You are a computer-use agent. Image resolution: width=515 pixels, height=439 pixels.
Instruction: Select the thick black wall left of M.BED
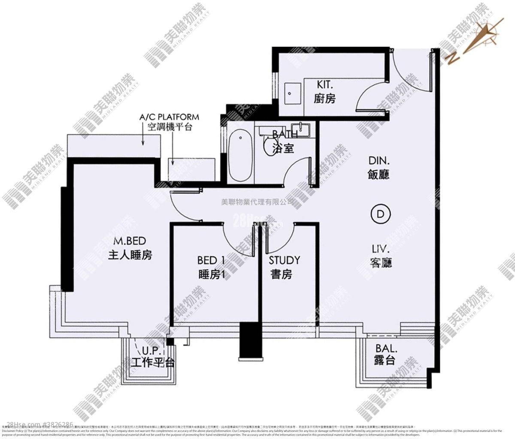tap(66, 238)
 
